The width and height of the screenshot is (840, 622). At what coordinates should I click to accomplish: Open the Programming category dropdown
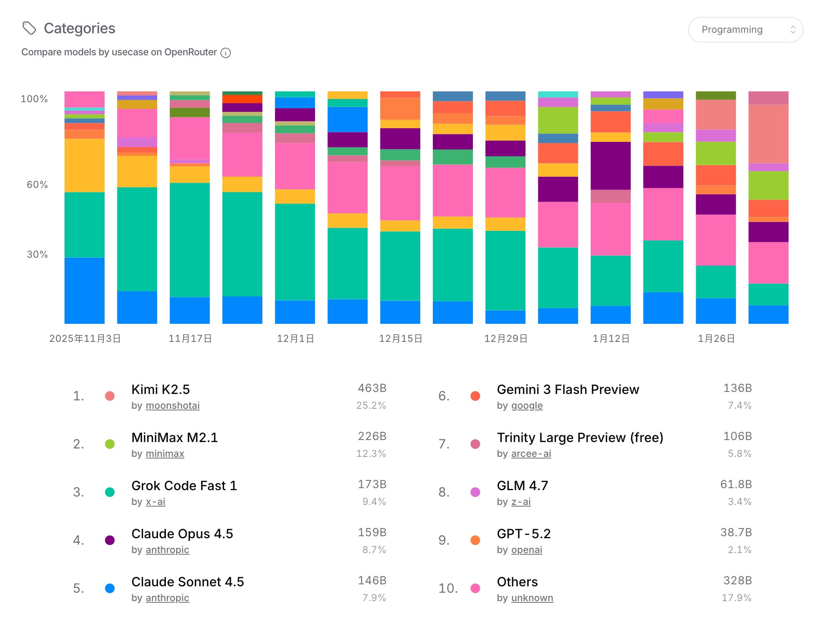[745, 30]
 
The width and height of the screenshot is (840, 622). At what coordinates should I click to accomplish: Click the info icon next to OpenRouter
[226, 53]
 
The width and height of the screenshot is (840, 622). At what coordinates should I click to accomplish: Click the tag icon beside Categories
[29, 28]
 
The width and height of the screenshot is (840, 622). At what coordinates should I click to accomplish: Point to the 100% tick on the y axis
[34, 99]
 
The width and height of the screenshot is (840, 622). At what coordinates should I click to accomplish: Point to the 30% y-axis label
[37, 254]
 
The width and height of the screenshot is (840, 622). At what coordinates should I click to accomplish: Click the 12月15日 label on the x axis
[400, 339]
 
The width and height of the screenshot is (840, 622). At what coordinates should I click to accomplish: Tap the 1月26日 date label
[716, 339]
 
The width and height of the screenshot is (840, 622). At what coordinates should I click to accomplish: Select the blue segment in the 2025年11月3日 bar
[84, 290]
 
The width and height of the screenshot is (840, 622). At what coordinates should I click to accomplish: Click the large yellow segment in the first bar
[84, 165]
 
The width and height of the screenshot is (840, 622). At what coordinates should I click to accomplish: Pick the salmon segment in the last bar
[768, 133]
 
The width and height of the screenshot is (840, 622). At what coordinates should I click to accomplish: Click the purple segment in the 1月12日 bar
[610, 165]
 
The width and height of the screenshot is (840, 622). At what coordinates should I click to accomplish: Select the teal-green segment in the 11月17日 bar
[190, 240]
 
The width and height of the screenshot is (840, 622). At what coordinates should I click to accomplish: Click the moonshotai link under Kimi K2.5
[172, 406]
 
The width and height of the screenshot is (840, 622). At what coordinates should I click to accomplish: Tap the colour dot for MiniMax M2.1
[110, 444]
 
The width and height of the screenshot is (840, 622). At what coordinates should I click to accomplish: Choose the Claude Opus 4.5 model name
[182, 534]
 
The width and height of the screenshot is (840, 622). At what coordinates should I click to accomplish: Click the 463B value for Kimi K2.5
[372, 388]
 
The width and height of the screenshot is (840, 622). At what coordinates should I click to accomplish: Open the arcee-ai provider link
[531, 454]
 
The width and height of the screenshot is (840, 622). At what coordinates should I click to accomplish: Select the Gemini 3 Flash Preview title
[567, 390]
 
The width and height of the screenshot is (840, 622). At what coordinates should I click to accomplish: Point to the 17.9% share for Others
[736, 598]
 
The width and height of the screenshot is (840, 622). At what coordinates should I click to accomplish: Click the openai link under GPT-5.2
[526, 550]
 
